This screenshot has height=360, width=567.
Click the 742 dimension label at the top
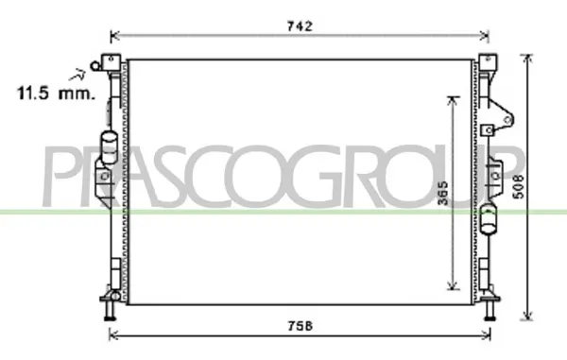[300, 26]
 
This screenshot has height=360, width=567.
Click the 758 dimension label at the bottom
[301, 326]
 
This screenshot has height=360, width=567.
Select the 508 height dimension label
[519, 186]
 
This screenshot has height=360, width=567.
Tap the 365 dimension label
[442, 194]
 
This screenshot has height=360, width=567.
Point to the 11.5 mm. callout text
[56, 94]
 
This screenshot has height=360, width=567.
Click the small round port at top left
[95, 66]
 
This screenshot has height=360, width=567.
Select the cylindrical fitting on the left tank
[109, 147]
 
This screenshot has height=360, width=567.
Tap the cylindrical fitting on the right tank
[489, 219]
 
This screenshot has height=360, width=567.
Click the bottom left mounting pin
[110, 310]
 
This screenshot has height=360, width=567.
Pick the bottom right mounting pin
[490, 310]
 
